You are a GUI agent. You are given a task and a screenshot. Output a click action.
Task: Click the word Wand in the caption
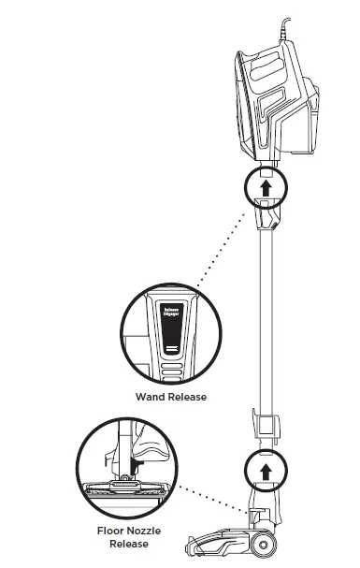click(147, 397)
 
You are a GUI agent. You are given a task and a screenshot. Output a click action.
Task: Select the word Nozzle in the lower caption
click(145, 531)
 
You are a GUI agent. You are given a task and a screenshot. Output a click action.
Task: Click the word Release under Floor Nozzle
click(128, 544)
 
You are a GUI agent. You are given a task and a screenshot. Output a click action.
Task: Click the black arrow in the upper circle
click(266, 187)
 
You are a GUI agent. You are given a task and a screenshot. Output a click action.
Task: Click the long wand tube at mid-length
click(266, 318)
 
